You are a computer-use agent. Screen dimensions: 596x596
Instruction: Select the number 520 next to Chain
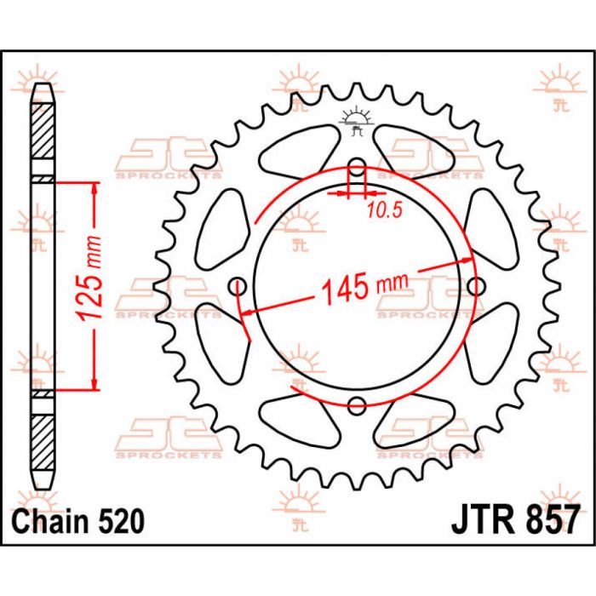click(x=119, y=519)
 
